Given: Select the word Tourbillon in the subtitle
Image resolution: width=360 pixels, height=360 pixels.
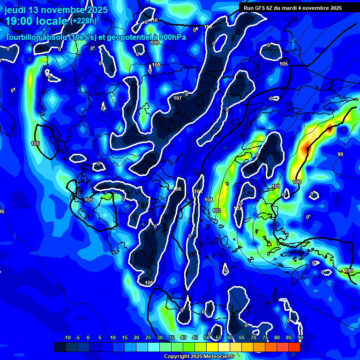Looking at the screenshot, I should click(x=23, y=37).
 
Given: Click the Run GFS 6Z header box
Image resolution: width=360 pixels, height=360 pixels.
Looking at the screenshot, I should click(x=292, y=8).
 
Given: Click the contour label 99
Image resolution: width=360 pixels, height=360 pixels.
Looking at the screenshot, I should click(x=340, y=154).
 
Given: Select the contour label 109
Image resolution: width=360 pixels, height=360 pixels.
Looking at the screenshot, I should click(x=155, y=43).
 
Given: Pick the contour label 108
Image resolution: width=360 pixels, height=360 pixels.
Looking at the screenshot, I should click(x=156, y=65).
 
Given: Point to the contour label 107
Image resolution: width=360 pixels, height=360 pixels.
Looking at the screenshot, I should click(x=178, y=98).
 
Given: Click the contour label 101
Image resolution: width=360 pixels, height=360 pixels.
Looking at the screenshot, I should click(x=276, y=187).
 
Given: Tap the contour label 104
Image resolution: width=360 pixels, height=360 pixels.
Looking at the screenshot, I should click(x=209, y=200).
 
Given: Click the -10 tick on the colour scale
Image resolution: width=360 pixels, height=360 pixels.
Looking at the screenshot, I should click(x=67, y=338).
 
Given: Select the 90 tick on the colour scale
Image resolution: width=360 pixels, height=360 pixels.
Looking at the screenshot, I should click(x=300, y=338).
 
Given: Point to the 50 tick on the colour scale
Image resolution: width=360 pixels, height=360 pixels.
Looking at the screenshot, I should click(x=207, y=338).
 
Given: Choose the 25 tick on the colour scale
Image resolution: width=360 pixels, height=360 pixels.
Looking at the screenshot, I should click(x=148, y=338).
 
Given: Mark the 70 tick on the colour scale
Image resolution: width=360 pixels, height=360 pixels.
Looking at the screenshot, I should click(x=254, y=338).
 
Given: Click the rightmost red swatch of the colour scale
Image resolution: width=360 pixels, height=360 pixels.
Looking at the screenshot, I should click(x=294, y=347).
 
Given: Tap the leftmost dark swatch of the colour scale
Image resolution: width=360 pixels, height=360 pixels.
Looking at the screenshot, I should click(x=60, y=347).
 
